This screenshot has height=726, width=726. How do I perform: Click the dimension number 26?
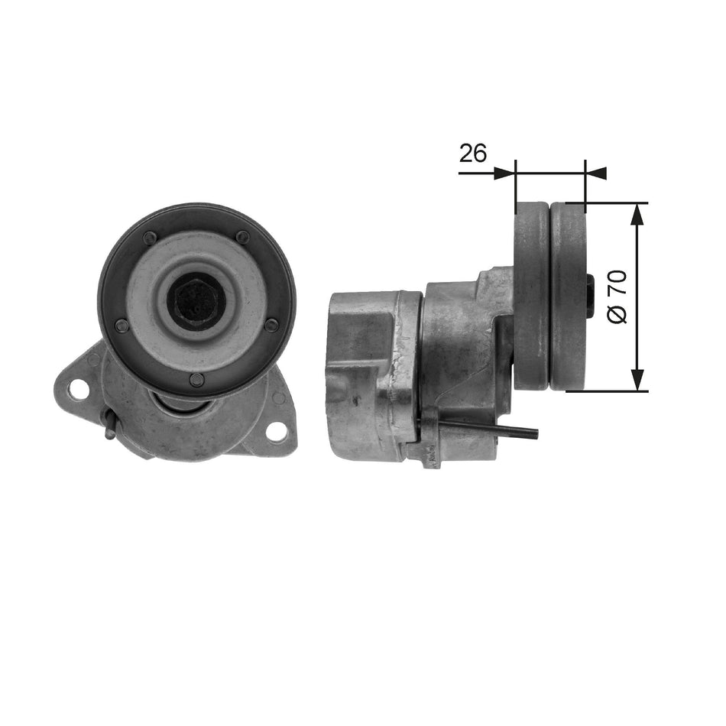(x=473, y=154)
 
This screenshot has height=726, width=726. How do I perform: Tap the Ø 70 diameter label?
(x=618, y=296)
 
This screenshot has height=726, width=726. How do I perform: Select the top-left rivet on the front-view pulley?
(x=151, y=237)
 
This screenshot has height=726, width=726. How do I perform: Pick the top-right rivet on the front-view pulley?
(x=242, y=237)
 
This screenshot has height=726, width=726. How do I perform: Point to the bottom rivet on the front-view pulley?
(x=197, y=380)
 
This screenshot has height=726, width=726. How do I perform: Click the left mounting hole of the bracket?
(x=77, y=388)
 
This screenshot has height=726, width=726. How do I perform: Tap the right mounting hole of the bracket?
(x=277, y=431)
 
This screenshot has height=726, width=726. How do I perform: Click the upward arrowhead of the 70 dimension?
(x=639, y=215)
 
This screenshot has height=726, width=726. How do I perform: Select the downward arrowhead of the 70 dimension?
(x=639, y=380)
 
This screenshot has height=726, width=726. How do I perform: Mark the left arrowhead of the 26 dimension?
(x=505, y=173)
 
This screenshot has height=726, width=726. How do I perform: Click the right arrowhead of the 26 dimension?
(x=596, y=173)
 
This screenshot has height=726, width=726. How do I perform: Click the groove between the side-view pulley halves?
(x=550, y=297)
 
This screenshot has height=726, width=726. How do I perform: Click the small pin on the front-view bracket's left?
(x=110, y=429)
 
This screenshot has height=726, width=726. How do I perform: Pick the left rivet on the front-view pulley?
(x=122, y=325)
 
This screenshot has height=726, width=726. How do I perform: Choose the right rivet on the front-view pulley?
(x=271, y=325)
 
